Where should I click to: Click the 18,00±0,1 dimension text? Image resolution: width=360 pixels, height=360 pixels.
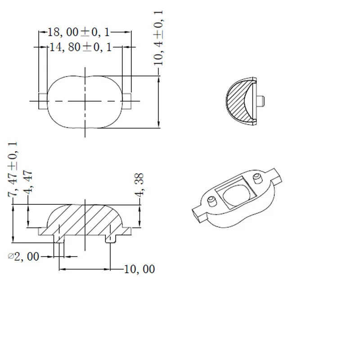pyautogui.click(x=79, y=32)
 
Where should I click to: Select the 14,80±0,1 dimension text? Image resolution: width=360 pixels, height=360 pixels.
pyautogui.click(x=81, y=47)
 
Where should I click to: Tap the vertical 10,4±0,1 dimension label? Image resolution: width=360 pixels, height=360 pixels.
pyautogui.click(x=158, y=38)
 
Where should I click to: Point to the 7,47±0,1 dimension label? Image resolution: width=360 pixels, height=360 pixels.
pyautogui.click(x=13, y=169)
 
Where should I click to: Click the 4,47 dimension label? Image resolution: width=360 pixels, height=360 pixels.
pyautogui.click(x=28, y=182)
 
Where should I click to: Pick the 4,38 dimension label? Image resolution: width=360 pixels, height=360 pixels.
pyautogui.click(x=139, y=185)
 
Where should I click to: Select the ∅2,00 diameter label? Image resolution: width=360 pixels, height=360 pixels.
pyautogui.click(x=23, y=256)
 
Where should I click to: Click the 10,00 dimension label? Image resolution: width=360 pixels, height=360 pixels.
pyautogui.click(x=139, y=269)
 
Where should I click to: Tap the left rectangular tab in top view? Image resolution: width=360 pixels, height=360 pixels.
pyautogui.click(x=43, y=101)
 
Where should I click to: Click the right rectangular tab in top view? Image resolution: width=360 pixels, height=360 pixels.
pyautogui.click(x=127, y=101)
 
